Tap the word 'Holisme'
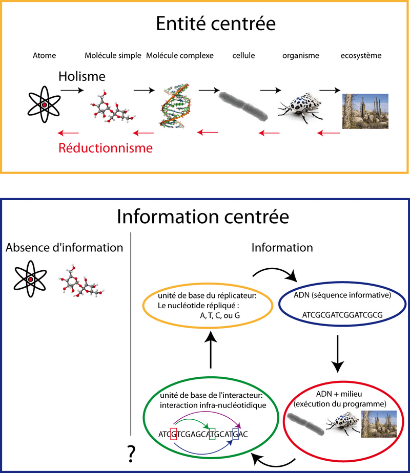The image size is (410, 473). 81,77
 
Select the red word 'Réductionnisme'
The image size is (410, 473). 106,148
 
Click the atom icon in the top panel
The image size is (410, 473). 44,104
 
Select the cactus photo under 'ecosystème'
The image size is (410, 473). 365,110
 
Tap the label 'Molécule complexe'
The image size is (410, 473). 180,55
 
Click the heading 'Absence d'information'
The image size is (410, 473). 64,248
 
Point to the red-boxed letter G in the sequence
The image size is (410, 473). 173,434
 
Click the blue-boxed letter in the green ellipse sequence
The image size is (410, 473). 236,434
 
